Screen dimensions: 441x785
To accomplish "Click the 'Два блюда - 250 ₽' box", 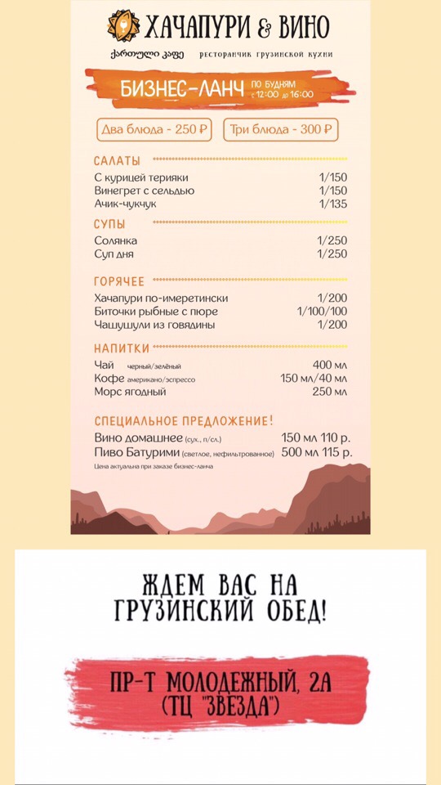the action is pyautogui.click(x=154, y=129).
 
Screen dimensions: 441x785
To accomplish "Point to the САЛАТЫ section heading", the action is pyautogui.click(x=117, y=160).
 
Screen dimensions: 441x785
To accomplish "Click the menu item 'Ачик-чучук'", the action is pyautogui.click(x=125, y=204).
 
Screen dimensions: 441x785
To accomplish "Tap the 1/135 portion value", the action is pyautogui.click(x=332, y=204).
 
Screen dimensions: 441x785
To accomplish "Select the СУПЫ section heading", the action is pyautogui.click(x=109, y=223).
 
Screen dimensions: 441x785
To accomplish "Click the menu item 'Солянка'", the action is pyautogui.click(x=115, y=241).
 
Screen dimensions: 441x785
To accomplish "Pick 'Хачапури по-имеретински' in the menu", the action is pyautogui.click(x=161, y=298).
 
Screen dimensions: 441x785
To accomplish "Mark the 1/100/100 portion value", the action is pyautogui.click(x=322, y=312).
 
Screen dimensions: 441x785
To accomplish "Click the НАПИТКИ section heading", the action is pyautogui.click(x=121, y=348).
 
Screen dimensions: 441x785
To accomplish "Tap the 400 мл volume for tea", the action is pyautogui.click(x=330, y=366).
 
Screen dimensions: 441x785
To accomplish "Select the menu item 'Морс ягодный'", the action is pyautogui.click(x=130, y=392).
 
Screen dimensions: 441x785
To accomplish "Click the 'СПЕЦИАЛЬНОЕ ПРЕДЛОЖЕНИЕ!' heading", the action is pyautogui.click(x=184, y=421).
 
